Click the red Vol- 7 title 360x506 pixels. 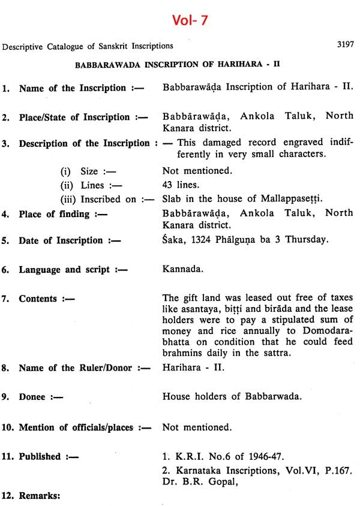[x=180, y=20]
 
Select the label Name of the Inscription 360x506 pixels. [x=72, y=88]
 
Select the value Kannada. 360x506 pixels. [x=182, y=269]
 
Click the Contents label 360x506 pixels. [x=38, y=299]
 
